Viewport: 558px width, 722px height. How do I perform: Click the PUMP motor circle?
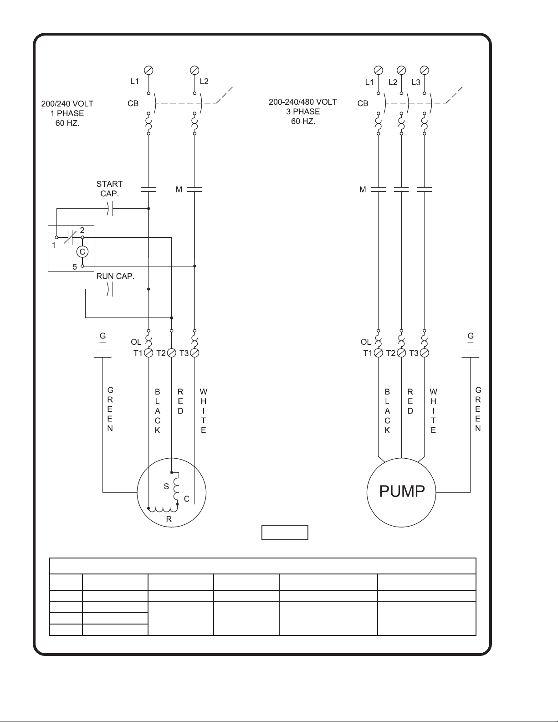point(401,492)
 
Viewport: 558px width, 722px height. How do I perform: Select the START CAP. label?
point(109,188)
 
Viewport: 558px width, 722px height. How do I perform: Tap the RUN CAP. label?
point(115,277)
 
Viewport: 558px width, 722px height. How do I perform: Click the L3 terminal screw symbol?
point(425,70)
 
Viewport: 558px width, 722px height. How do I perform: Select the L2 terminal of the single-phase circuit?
point(195,70)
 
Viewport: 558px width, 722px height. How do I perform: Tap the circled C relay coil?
point(82,251)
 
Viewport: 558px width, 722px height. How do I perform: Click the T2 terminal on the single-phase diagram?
point(171,353)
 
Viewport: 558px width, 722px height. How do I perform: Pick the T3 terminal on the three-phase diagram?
point(425,353)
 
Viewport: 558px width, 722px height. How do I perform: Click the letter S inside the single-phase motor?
point(166,486)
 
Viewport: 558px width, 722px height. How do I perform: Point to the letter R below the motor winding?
point(169,519)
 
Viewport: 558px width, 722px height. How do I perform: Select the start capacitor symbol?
point(109,209)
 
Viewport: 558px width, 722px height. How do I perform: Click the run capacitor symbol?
point(109,289)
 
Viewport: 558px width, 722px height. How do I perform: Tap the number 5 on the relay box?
point(75,267)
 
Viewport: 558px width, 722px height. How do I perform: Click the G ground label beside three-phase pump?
point(471,336)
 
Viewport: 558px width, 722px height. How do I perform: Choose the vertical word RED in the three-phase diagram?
point(410,401)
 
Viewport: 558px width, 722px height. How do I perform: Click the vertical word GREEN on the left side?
point(110,409)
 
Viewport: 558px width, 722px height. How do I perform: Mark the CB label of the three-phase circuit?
point(363,103)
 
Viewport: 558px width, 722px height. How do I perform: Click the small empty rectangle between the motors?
point(285,532)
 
